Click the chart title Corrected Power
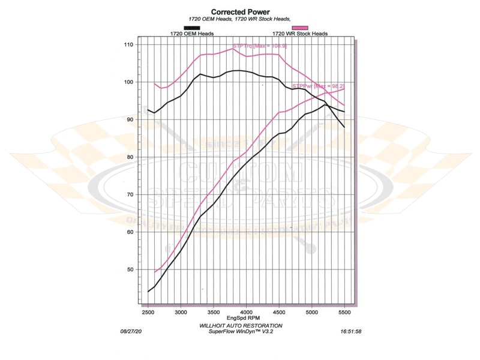point(240,11)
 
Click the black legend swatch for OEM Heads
point(191,28)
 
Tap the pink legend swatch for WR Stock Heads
point(299,28)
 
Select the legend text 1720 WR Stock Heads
point(300,34)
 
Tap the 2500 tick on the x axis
point(148,313)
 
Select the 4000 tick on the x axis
point(246,313)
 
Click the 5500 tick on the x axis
point(344,313)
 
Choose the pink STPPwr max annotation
point(317,87)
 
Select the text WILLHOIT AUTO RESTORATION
point(240,325)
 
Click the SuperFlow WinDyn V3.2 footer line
point(240,331)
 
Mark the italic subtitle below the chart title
point(240,19)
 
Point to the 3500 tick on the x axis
point(213,313)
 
